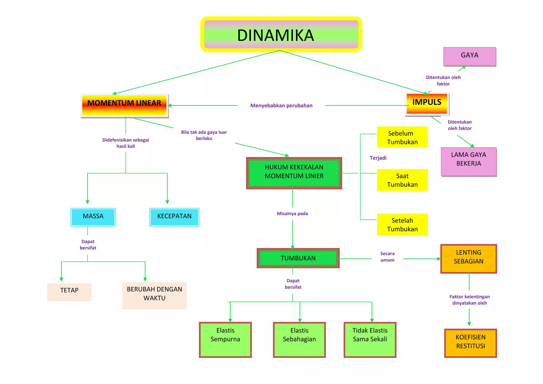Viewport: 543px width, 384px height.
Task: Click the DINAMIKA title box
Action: [x=281, y=34]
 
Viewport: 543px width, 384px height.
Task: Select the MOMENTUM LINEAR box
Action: [x=125, y=106]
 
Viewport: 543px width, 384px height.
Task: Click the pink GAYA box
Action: [x=470, y=56]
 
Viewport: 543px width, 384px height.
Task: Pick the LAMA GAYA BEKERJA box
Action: [x=469, y=162]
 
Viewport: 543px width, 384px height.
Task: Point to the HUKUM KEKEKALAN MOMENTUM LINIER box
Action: [x=294, y=173]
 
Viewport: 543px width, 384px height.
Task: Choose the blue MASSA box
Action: [x=93, y=217]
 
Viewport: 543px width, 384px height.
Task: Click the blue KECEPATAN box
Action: [x=174, y=217]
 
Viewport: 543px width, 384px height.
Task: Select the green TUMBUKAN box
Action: [x=298, y=258]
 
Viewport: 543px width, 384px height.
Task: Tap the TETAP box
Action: [x=69, y=292]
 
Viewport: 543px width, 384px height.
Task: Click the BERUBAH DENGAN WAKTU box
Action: [x=155, y=296]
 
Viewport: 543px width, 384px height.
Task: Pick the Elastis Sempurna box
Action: [x=225, y=340]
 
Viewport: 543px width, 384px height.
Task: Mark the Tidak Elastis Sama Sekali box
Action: [x=370, y=340]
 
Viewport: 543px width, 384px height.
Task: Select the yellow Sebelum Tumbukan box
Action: [x=402, y=137]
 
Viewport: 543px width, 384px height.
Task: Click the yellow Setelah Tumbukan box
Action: [x=402, y=224]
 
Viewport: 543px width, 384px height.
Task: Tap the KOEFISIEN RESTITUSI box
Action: [x=471, y=343]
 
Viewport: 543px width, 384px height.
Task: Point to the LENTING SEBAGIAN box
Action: [x=469, y=259]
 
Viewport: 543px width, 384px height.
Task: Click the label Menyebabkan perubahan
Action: [x=281, y=106]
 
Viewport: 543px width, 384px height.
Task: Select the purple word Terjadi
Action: [x=378, y=158]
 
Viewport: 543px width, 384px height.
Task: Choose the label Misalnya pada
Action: [x=292, y=213]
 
